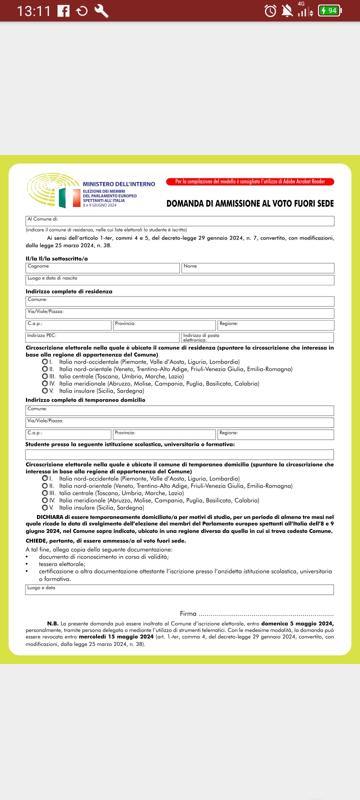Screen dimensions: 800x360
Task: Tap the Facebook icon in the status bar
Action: pos(63,10)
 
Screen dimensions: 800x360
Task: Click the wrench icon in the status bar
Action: pos(101,10)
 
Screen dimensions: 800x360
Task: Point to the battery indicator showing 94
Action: pos(329,10)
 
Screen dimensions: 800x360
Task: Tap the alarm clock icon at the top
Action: pos(270,10)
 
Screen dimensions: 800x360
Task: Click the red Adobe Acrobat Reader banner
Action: pos(250,182)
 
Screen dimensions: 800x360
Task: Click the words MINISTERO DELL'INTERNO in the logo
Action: pos(119,184)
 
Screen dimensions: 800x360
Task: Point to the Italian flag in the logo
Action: pos(69,197)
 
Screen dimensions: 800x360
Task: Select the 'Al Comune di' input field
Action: pos(180,221)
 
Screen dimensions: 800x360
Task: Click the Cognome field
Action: pos(102,268)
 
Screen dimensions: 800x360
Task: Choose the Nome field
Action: pos(257,268)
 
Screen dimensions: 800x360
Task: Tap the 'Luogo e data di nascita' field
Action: pos(180,280)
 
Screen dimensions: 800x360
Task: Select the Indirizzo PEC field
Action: pos(102,337)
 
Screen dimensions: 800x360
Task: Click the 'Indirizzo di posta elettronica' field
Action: pos(257,337)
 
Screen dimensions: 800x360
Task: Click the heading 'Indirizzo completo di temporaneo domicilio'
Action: pos(85,400)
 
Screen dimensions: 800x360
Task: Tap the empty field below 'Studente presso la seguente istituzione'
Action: pos(179,454)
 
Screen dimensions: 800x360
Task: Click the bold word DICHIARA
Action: pos(50,517)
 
